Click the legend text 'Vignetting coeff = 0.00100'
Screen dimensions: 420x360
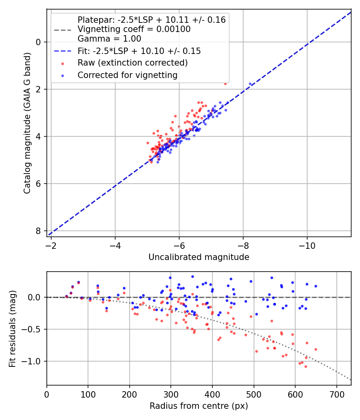[134, 29]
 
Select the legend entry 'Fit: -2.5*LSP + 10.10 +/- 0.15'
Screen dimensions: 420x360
[139, 51]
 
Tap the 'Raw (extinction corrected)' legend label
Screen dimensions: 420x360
[132, 63]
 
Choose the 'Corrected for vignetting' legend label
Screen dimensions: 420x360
[127, 75]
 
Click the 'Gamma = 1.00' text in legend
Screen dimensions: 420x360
[109, 39]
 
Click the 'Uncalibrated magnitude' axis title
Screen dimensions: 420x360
[199, 257]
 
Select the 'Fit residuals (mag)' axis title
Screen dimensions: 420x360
[12, 329]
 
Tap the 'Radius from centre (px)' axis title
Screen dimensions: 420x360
[199, 406]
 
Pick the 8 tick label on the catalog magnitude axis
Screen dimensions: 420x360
[39, 231]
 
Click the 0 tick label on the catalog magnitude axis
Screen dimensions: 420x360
[39, 42]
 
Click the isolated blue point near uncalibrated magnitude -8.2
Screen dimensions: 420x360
[250, 84]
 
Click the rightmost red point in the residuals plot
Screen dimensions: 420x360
[316, 349]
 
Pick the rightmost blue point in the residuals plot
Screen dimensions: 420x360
[316, 286]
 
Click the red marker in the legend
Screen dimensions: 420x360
[62, 63]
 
